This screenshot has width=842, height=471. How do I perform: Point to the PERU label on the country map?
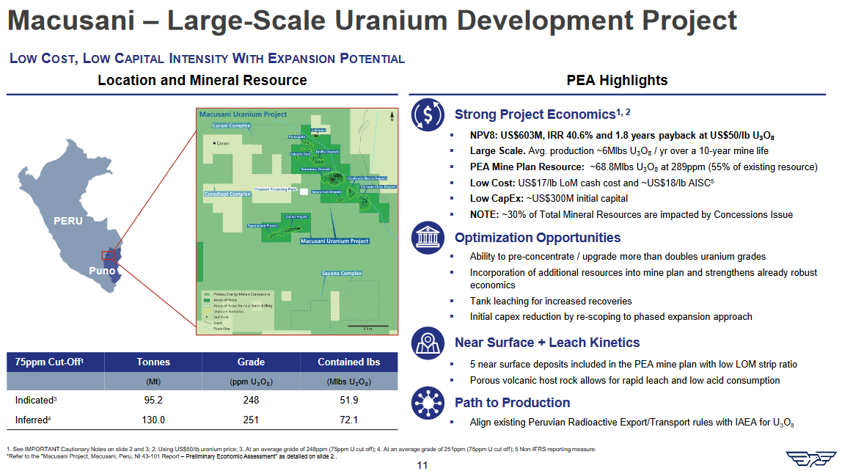(67, 221)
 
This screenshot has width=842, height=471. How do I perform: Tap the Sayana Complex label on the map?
(342, 274)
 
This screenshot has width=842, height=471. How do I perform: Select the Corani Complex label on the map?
(227, 126)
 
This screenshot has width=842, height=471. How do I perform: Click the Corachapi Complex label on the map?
(227, 194)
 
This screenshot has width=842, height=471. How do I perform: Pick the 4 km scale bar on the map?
(367, 326)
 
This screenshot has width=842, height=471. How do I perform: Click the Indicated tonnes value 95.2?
(153, 400)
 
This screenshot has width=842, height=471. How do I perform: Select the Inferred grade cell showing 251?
(251, 420)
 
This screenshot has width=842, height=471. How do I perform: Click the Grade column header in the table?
(251, 362)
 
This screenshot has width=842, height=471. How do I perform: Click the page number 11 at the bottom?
(421, 464)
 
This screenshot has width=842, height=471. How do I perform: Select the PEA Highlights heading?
(617, 81)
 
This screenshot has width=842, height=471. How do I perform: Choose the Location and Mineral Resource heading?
(202, 81)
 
